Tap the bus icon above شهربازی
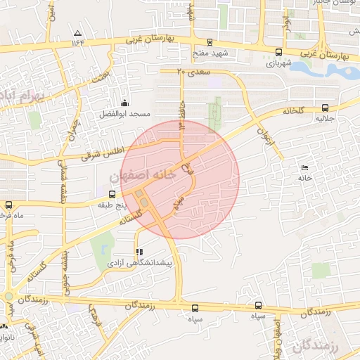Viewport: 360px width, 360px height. pos(278,52)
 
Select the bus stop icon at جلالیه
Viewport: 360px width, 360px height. pos(325,108)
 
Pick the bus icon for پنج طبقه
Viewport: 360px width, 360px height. pos(112,194)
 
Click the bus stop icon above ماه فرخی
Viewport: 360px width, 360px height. pos(8,205)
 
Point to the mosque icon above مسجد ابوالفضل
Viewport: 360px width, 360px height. pos(125,103)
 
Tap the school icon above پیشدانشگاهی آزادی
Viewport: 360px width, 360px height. pos(139,251)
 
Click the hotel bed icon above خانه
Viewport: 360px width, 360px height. pos(304,167)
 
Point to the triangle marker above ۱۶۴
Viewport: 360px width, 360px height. pos(77,33)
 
